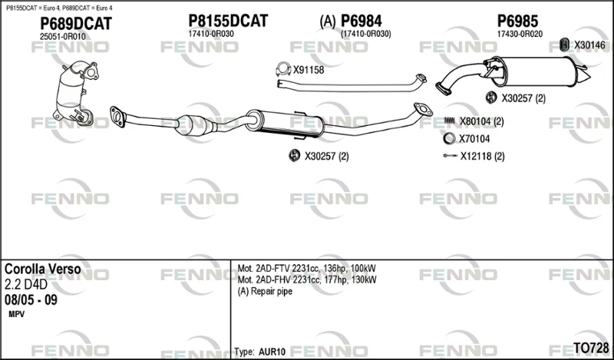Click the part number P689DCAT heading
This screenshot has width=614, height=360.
click(75, 24)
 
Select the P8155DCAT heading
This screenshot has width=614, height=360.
click(228, 21)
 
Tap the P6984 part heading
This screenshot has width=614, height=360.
click(361, 21)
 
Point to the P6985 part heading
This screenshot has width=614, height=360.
click(517, 21)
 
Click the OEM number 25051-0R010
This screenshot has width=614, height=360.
click(63, 36)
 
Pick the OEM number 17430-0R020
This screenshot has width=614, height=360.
click(520, 34)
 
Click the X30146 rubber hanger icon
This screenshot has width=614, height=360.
click(564, 45)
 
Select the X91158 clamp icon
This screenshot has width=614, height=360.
click(283, 69)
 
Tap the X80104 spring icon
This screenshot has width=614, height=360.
click(450, 121)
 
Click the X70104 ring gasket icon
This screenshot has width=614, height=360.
click(449, 138)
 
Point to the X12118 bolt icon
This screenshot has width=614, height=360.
click(450, 156)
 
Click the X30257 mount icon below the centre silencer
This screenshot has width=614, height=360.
click(294, 156)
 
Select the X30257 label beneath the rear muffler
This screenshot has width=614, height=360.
click(523, 98)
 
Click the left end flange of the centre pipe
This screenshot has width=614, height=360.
click(117, 117)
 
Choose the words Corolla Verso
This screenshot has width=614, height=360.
click(43, 269)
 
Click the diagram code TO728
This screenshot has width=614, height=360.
click(591, 348)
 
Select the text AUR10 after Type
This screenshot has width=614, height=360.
click(272, 352)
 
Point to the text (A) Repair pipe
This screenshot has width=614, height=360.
click(265, 292)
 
